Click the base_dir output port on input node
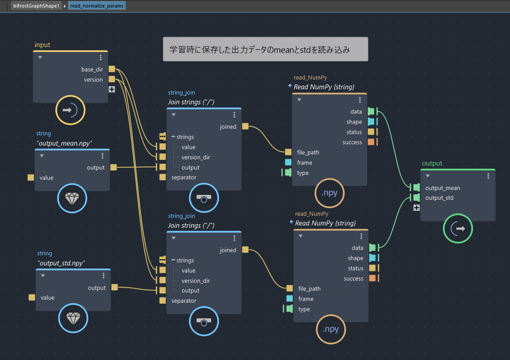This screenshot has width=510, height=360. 112,69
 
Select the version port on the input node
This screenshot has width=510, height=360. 112,79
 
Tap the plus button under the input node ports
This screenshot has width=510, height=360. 112,89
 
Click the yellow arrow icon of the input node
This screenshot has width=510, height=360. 70,110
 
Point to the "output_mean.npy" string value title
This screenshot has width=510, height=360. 64,143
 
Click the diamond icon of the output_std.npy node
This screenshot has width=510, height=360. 73,318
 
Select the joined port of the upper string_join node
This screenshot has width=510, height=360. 245,126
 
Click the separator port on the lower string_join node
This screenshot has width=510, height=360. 163,301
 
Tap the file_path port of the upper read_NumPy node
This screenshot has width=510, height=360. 288,152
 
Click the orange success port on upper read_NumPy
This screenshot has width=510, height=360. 371,142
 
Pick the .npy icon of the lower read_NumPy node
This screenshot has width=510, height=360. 331,329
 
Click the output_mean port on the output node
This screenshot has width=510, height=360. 416,187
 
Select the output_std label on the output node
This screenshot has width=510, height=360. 439,198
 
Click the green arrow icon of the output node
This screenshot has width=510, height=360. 458,229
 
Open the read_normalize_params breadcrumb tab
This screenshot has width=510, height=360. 96,6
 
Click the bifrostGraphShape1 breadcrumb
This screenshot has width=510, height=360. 36,6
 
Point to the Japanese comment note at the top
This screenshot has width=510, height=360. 265,49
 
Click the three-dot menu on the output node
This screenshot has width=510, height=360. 488,176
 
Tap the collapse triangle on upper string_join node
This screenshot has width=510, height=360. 174,115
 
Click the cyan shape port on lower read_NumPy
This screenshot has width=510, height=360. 372,257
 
